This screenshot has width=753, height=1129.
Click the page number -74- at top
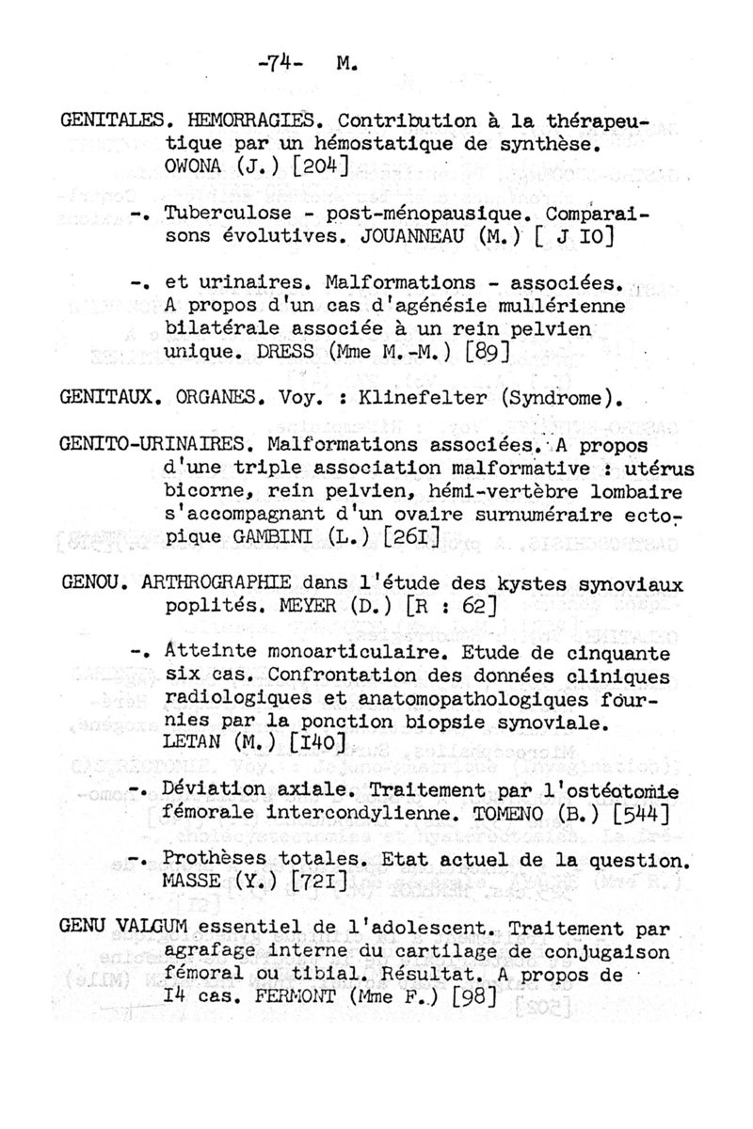click(x=282, y=66)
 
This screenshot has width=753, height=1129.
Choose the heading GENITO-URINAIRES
click(x=156, y=443)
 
